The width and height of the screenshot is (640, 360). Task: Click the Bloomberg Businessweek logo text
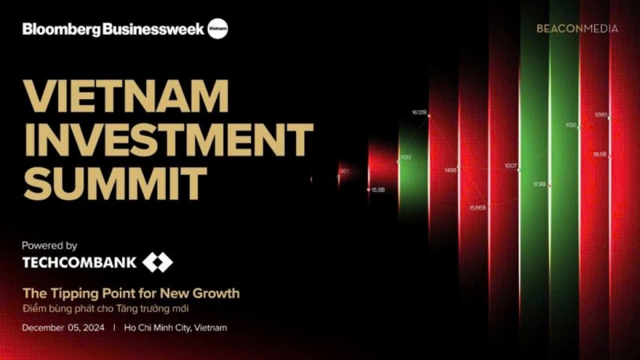click(x=113, y=29)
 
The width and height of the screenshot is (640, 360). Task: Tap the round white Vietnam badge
click(x=217, y=29)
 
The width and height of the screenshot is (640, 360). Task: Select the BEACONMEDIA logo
click(x=577, y=28)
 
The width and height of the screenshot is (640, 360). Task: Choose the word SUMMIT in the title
click(x=115, y=183)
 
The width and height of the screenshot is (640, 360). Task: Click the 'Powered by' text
click(x=49, y=246)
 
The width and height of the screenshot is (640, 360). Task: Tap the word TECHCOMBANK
click(x=79, y=263)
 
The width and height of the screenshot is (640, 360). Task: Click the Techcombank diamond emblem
click(x=157, y=263)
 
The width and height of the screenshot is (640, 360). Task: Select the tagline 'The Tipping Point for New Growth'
click(x=131, y=294)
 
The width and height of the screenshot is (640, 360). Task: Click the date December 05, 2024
click(x=63, y=328)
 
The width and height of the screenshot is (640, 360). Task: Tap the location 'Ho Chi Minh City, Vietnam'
click(x=175, y=328)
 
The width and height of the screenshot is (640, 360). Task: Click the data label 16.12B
click(x=419, y=113)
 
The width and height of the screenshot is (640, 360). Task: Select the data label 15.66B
click(x=477, y=208)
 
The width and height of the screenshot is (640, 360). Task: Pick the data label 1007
click(x=511, y=166)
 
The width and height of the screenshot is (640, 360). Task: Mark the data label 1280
click(x=601, y=115)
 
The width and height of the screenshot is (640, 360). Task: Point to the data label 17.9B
click(x=539, y=185)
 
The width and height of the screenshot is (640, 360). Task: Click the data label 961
click(x=344, y=172)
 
